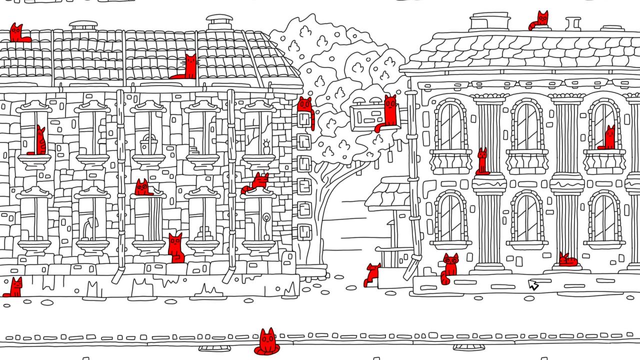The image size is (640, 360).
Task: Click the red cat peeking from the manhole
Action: coord(267,342)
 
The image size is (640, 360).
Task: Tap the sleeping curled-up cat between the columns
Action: coord(568,260)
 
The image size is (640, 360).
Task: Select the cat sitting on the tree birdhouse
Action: coord(389,112)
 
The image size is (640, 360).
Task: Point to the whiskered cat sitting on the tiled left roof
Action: coord(188,68)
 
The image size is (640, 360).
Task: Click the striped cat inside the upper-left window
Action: coord(40,141)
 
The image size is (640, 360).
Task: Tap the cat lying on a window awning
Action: coord(257,182)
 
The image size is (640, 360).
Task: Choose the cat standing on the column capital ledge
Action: coord(482,161)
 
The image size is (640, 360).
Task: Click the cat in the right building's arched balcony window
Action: coord(608,138)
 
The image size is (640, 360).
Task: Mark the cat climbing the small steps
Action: coord(372,275)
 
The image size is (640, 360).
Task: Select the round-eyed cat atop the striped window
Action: coord(142,187)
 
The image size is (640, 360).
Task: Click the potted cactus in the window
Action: coord(265,147)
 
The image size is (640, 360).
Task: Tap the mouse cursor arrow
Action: coord(533,285)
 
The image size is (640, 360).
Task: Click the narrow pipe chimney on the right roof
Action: coord(573,23)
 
